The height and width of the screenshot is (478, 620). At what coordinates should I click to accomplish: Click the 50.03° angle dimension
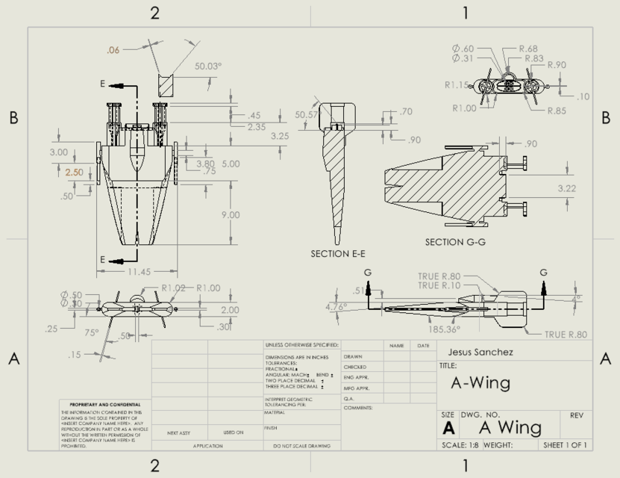click(x=209, y=66)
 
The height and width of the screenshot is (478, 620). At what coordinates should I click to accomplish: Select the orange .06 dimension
click(x=113, y=50)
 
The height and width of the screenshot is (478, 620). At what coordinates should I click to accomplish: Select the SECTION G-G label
click(x=456, y=242)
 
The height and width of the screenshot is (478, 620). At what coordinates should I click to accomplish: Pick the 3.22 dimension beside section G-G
click(x=569, y=190)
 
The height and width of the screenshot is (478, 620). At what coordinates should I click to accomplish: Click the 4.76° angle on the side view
click(x=336, y=306)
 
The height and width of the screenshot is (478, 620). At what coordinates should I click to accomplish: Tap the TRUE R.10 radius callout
click(x=439, y=285)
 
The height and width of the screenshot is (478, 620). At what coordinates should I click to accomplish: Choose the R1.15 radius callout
click(x=457, y=85)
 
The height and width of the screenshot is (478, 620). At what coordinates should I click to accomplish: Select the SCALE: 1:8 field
click(x=463, y=444)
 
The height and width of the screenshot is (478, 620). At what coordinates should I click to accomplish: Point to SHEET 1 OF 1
click(x=566, y=444)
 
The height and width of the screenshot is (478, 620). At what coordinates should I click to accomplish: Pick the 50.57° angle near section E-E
click(x=306, y=115)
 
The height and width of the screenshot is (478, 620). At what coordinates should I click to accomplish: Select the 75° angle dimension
click(x=91, y=333)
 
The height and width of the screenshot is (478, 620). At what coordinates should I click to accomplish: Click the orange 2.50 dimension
click(x=75, y=172)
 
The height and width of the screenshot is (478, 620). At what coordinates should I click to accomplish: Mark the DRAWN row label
click(x=354, y=356)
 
